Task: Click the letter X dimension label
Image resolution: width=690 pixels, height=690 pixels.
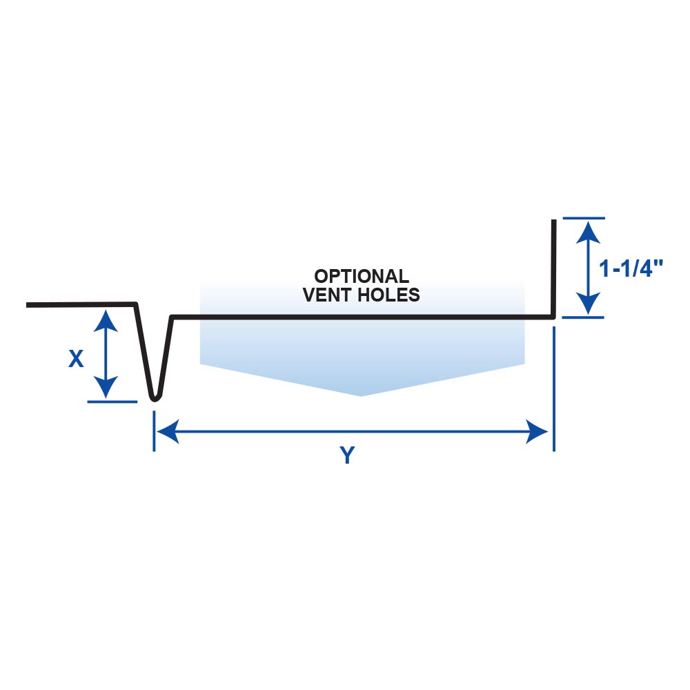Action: (76, 359)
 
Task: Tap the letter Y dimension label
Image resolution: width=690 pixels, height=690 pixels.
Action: (348, 456)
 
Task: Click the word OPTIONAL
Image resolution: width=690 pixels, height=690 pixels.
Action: (362, 277)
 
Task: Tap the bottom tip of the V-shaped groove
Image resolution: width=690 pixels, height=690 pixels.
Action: (155, 398)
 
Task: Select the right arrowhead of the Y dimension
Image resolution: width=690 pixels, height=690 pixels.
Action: (538, 433)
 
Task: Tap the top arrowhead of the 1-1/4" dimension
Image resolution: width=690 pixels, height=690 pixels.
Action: (587, 230)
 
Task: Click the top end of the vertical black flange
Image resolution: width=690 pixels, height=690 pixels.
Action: (553, 221)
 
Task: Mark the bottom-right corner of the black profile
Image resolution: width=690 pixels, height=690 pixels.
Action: (553, 317)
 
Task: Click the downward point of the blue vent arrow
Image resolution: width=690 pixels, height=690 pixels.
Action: (362, 395)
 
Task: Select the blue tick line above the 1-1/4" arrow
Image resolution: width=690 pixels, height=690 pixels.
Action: (584, 218)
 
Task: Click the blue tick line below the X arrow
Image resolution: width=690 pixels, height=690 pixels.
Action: (113, 401)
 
